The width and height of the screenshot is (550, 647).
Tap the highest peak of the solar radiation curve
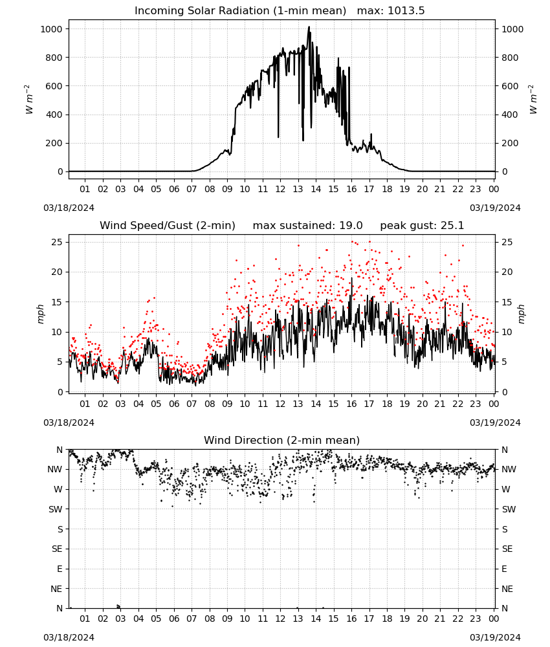(x=309, y=27)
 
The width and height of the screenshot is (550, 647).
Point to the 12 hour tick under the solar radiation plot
(x=281, y=189)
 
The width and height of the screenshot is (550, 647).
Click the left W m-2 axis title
(x=28, y=100)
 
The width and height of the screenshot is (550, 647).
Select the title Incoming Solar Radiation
(x=202, y=11)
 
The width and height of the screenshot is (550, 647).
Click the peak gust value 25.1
(x=452, y=226)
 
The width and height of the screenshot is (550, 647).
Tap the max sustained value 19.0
(x=351, y=226)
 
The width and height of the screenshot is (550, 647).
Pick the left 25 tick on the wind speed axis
(x=58, y=242)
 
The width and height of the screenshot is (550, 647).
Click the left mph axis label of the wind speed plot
(x=40, y=314)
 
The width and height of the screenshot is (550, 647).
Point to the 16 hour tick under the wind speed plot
(x=351, y=404)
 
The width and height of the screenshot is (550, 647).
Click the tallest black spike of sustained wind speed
(x=351, y=278)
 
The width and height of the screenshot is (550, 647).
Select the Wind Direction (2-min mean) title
(x=282, y=440)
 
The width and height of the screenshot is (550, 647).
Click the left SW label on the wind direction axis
(x=56, y=510)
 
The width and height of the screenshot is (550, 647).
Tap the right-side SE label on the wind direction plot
(x=507, y=549)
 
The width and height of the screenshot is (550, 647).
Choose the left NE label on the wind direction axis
(x=56, y=589)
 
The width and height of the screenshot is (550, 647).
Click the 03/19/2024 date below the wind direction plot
(x=495, y=637)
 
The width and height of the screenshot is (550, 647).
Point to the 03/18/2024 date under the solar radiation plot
(x=69, y=208)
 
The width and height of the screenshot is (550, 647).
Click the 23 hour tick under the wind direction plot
(x=476, y=619)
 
